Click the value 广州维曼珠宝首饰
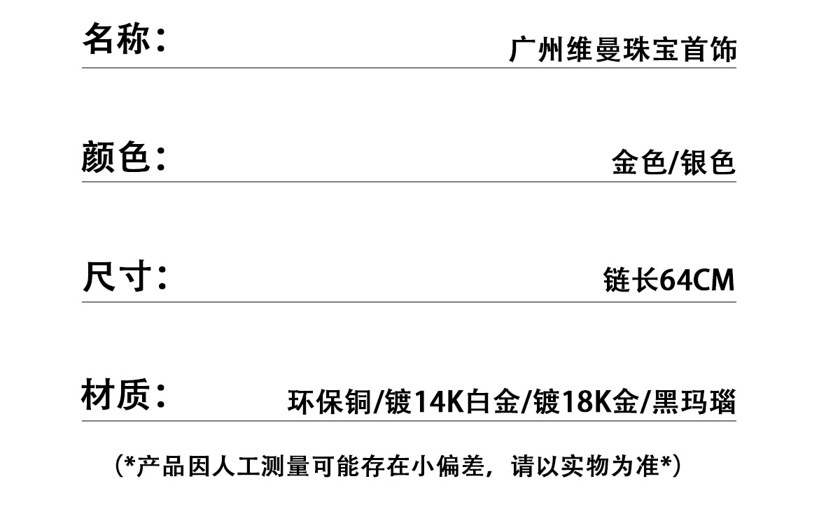(622, 51)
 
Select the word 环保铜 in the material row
(328, 402)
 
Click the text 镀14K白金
(451, 402)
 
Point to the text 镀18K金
(584, 402)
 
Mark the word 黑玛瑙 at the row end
(694, 402)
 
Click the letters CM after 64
(714, 281)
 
